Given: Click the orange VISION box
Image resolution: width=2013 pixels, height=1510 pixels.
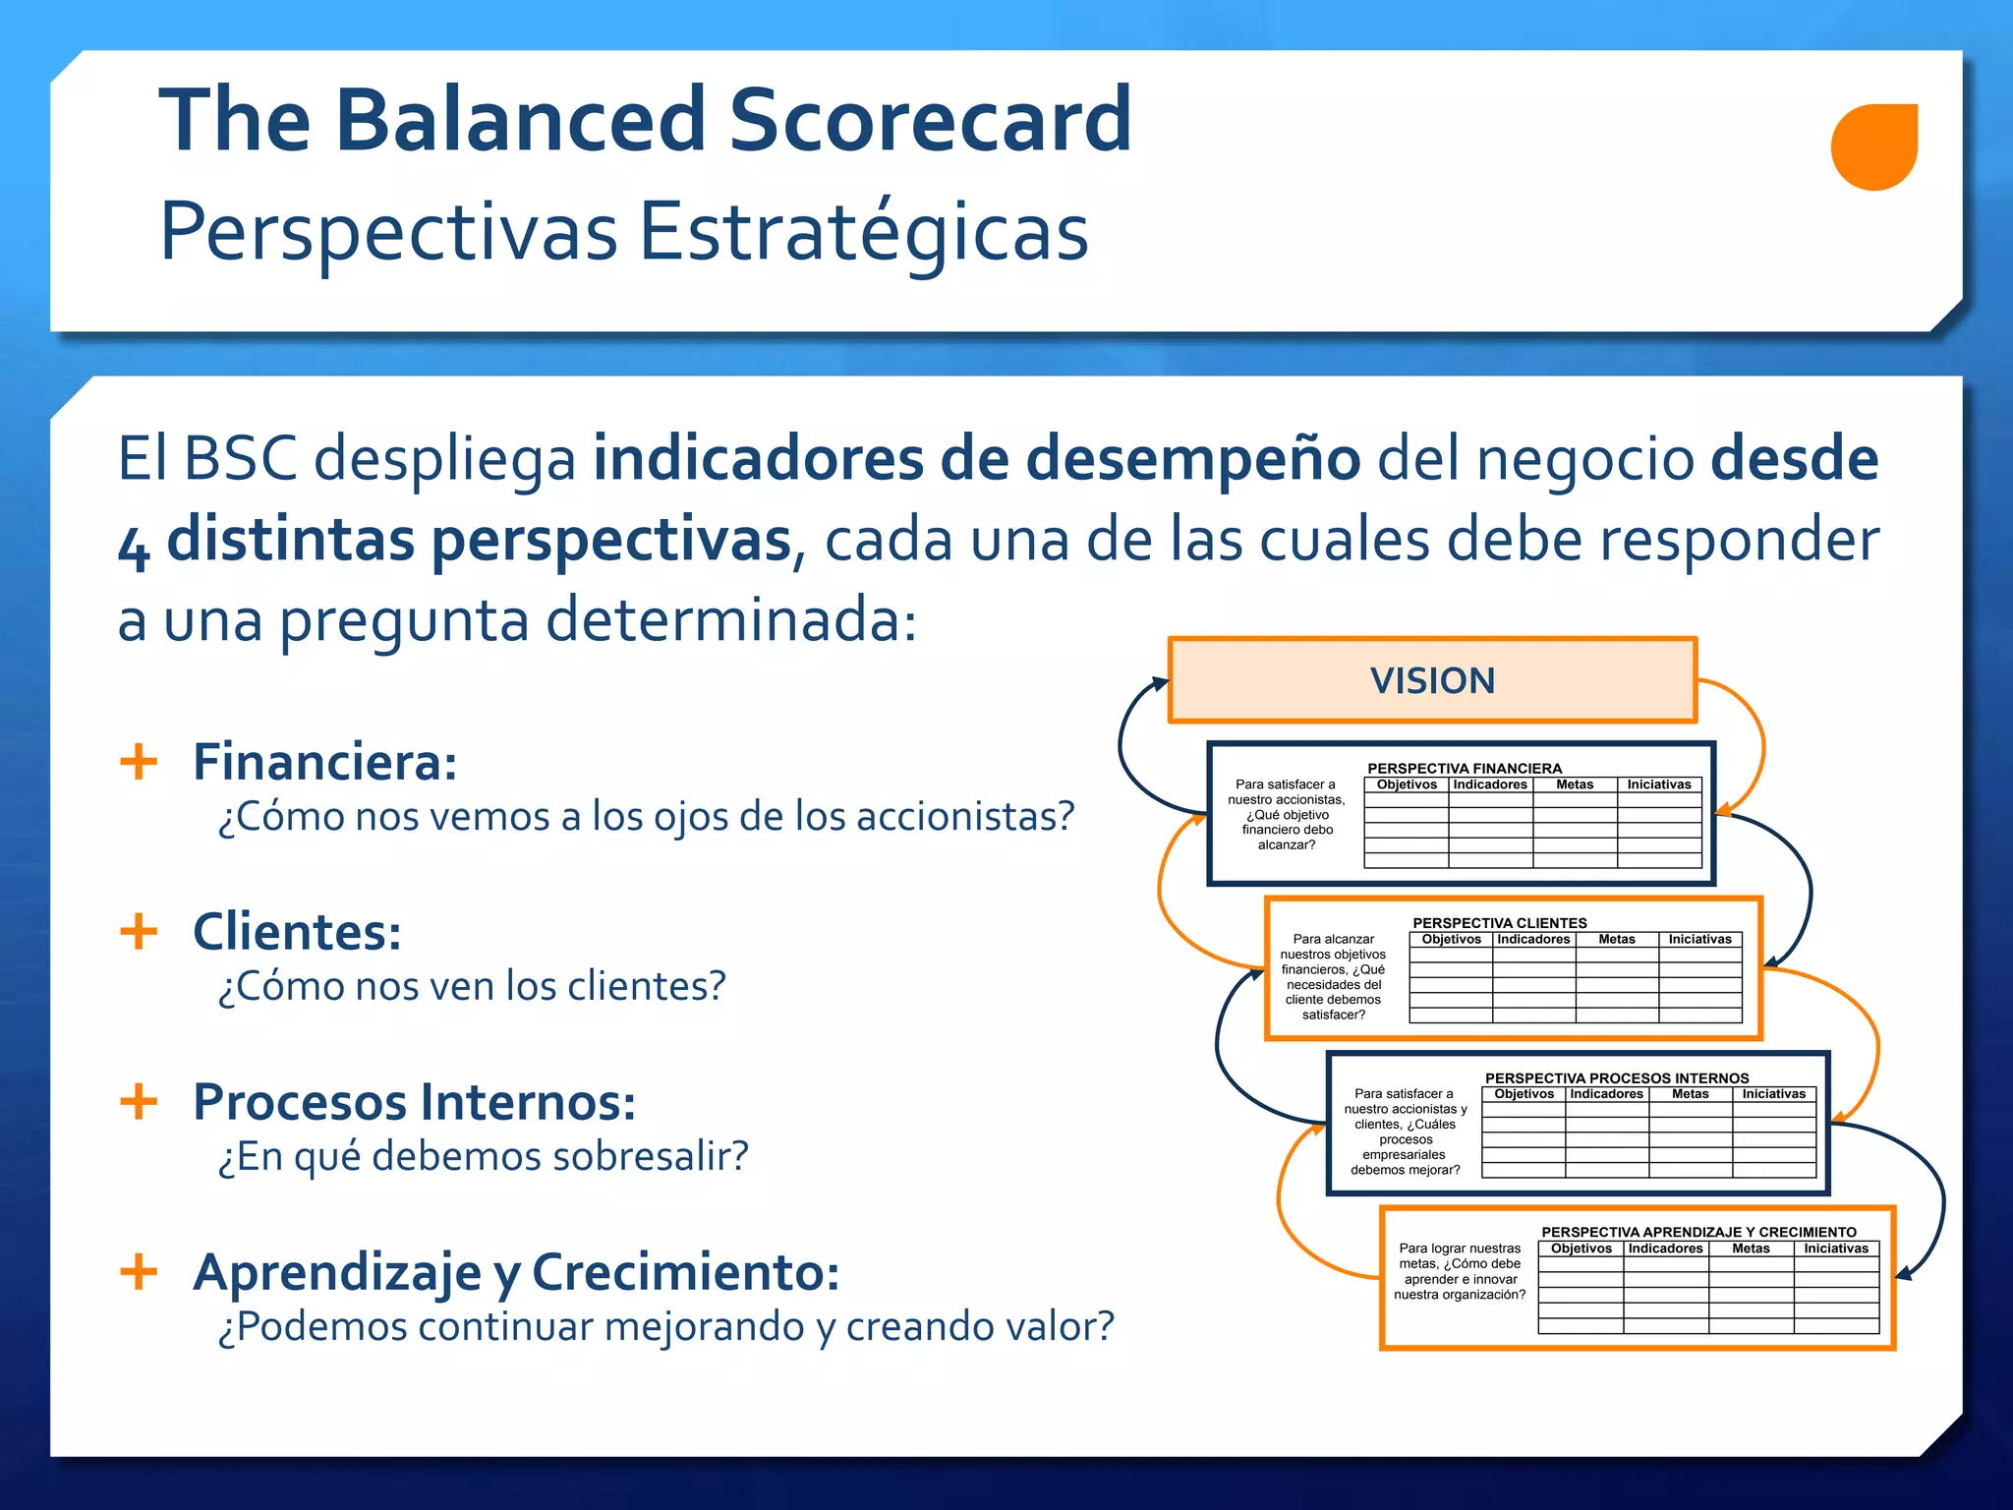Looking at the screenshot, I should click(1432, 680).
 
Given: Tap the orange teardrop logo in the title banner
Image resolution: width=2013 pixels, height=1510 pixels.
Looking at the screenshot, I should click(1873, 146).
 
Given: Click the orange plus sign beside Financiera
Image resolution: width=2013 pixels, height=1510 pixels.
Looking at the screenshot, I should click(139, 762).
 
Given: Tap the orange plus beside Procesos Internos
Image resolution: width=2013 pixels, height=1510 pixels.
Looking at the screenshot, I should click(139, 1101).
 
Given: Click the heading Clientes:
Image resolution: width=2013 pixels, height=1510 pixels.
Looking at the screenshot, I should click(297, 932).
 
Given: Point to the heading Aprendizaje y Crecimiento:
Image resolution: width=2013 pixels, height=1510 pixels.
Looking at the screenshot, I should click(516, 1271).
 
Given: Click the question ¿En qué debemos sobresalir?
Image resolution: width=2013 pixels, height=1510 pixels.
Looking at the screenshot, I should click(483, 1156).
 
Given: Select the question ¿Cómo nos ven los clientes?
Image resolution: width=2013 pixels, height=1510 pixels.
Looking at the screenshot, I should click(472, 986).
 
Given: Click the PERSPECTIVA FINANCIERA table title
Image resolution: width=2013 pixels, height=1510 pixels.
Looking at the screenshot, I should click(1464, 768).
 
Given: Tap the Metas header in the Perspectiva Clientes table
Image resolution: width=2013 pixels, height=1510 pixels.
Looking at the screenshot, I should click(1616, 939).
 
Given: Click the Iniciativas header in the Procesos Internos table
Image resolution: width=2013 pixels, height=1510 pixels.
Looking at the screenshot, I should click(1773, 1093).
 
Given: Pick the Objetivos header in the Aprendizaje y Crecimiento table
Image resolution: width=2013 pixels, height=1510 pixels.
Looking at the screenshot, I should click(1581, 1249).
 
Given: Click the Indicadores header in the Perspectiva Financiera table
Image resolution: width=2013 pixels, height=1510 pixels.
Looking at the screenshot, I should click(1490, 784).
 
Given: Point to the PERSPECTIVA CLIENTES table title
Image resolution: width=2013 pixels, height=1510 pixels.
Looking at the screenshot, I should click(1499, 922).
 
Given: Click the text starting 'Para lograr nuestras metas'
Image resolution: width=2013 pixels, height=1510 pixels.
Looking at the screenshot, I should click(1460, 1271).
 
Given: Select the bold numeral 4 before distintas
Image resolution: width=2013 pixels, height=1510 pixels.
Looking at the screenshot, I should click(134, 547).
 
